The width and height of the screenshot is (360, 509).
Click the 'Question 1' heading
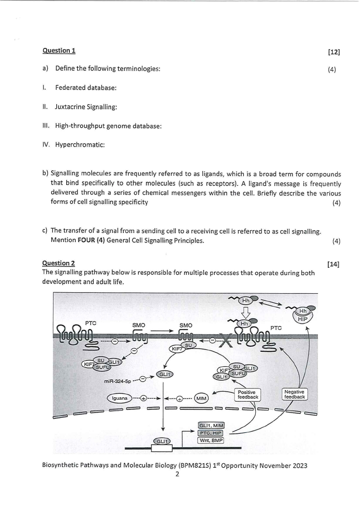59,50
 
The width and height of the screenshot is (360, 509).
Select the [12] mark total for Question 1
334,52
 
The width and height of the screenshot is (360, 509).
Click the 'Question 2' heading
59,263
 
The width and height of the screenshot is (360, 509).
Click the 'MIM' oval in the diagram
201,398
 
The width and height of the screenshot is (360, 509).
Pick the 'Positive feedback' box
248,394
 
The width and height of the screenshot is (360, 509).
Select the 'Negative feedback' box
294,394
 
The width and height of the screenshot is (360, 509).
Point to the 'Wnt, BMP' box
211,440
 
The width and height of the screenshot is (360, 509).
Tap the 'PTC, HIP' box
211,433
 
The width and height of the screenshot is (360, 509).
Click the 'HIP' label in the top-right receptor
303,319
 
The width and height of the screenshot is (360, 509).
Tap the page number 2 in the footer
177,474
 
